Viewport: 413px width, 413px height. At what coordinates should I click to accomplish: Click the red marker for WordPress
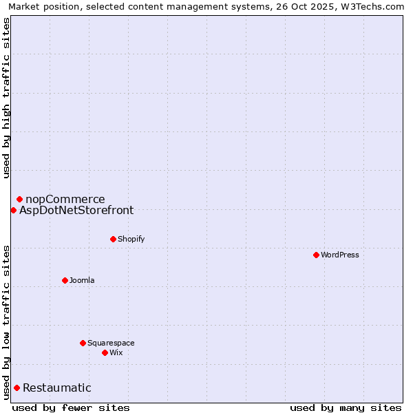(x=316, y=255)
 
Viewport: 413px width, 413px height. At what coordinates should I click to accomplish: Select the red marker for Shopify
(x=113, y=239)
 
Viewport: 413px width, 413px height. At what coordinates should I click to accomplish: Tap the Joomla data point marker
(x=65, y=280)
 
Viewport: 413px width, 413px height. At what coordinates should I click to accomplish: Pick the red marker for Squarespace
(x=83, y=343)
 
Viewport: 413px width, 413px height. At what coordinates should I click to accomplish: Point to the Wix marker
(x=105, y=352)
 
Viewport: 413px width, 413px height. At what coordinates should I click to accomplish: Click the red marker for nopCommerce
(x=19, y=199)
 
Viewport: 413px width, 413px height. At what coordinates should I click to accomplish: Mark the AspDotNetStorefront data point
(x=13, y=210)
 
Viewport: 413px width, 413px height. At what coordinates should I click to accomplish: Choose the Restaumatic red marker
(x=17, y=388)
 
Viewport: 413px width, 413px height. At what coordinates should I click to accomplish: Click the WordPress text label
(x=340, y=255)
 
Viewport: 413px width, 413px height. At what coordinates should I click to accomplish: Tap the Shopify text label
(x=131, y=239)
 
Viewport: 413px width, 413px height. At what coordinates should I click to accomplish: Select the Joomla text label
(x=82, y=280)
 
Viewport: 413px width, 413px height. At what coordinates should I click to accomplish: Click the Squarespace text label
(x=111, y=343)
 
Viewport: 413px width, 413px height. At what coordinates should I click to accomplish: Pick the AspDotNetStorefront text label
(x=76, y=211)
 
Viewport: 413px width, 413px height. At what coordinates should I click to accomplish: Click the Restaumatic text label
(x=57, y=388)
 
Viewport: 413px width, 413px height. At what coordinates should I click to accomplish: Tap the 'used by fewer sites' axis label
(x=71, y=407)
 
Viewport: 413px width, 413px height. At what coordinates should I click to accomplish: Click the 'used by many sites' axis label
(x=346, y=407)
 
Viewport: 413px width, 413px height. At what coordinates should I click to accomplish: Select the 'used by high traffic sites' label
(x=7, y=98)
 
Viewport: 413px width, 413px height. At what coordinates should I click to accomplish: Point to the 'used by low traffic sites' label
(x=7, y=321)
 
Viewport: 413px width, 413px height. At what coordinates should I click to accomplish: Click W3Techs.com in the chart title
(x=370, y=6)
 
